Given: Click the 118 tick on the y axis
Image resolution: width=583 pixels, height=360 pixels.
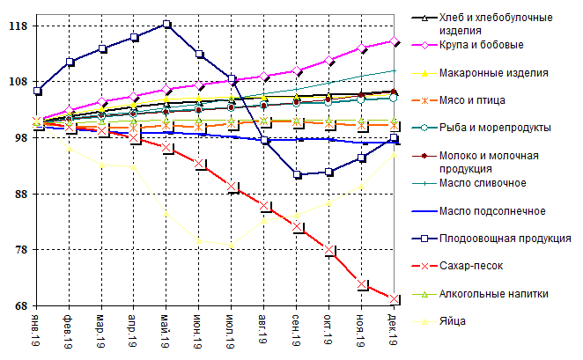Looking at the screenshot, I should coord(16,26).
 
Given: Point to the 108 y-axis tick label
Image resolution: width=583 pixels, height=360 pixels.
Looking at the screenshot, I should coord(16,81).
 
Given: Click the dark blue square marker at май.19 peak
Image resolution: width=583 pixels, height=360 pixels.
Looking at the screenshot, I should coord(166,24).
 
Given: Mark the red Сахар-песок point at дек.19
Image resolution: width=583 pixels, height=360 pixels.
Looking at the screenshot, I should coord(395,299).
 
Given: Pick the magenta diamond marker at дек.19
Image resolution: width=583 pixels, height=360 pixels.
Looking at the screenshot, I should coord(395,40).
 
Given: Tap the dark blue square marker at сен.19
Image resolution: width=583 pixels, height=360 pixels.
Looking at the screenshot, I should coord(298,174).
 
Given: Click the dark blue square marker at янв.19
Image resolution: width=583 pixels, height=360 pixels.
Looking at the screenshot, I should coord(37,91).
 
